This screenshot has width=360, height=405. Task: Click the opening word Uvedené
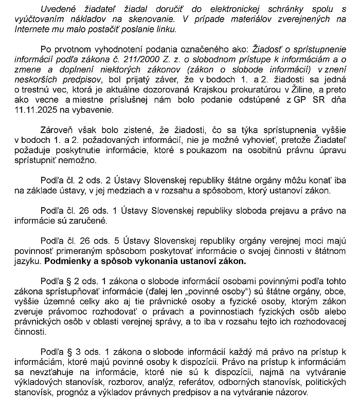point(59,9)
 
